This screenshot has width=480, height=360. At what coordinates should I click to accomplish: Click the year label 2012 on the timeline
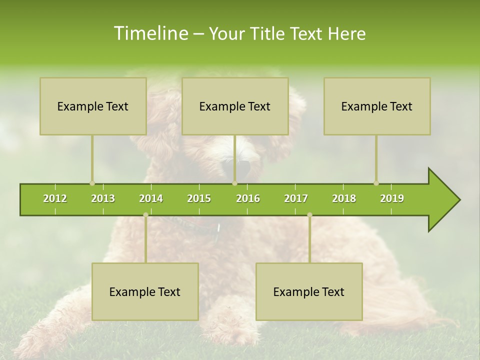point(55,198)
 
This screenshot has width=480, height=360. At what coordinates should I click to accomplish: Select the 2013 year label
point(103,198)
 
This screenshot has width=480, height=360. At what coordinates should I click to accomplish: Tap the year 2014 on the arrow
point(151,198)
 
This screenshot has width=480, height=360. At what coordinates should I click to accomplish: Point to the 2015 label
point(199,198)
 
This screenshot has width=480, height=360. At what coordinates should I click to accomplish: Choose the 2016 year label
point(248,198)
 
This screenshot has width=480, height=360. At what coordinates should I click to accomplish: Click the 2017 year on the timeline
point(296,198)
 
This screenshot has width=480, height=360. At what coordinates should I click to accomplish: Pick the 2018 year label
point(344,198)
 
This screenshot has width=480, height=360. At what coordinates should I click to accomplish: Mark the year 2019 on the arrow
point(392,198)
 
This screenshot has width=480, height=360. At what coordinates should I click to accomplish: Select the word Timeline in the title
point(150,33)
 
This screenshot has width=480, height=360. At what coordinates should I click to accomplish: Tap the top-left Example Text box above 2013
point(93,106)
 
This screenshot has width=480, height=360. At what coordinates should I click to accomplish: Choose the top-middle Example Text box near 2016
point(235,106)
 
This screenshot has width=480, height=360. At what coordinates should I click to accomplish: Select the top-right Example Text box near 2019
point(377,106)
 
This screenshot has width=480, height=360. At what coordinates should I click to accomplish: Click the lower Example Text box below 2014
point(145,291)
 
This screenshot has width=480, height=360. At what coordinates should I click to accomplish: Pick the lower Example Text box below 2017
point(309,291)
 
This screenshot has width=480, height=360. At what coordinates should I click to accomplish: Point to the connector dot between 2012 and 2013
point(92,183)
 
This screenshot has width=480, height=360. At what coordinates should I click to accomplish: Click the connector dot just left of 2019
point(376,183)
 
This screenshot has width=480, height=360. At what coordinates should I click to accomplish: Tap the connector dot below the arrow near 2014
point(145,215)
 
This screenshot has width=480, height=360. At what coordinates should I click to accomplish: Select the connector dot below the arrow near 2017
point(309,215)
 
